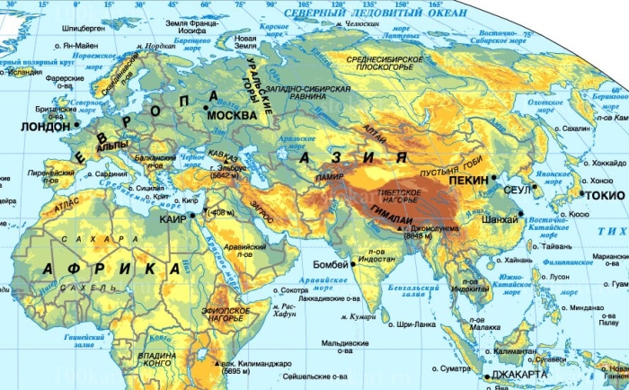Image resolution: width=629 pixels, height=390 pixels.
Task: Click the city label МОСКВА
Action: click(x=232, y=117)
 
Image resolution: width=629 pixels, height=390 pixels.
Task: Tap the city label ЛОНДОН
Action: click(x=42, y=127)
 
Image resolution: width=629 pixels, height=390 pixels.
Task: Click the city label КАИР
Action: click(x=171, y=218)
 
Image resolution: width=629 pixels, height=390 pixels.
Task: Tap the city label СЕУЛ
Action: click(x=516, y=191)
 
